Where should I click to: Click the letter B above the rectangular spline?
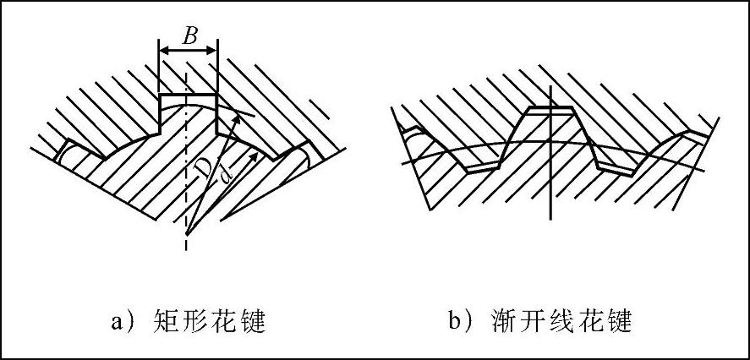[x=189, y=36]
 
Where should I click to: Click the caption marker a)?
[x=122, y=322]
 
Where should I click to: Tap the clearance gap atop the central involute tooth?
[x=550, y=110]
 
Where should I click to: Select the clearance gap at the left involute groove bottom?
[x=484, y=169]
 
